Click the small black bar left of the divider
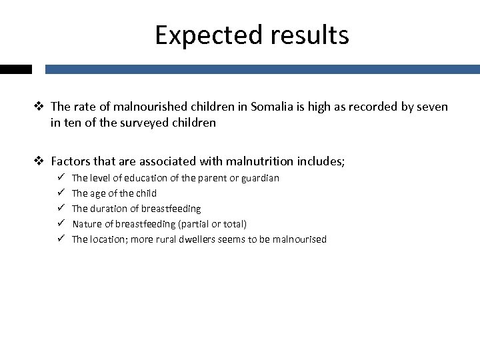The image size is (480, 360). click(x=16, y=69)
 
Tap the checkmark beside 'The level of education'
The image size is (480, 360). click(x=61, y=178)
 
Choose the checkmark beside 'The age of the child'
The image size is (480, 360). click(x=61, y=193)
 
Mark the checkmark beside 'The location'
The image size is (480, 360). click(x=61, y=239)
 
